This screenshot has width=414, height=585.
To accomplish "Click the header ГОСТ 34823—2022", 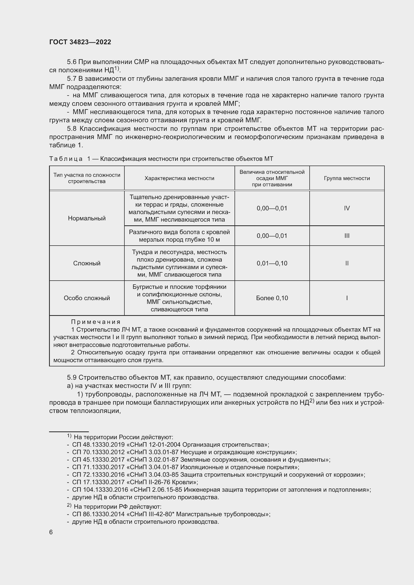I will [80, 42].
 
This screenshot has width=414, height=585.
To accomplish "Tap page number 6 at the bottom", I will [51, 532].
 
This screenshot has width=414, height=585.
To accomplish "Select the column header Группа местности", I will [347, 178].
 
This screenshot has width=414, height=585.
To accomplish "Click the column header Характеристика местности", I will [179, 178].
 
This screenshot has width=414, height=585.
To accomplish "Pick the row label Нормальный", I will [87, 218].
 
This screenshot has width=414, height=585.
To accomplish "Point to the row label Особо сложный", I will [87, 298].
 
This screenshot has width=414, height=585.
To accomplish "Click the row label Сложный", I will [87, 263].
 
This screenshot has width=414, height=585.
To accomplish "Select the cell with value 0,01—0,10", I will [272, 263].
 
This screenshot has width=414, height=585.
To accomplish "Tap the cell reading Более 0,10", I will [272, 298].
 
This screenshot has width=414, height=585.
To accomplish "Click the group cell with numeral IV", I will [347, 208].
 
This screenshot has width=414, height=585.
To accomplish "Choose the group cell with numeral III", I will [347, 236].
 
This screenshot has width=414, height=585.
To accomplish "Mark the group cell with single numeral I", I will [347, 298].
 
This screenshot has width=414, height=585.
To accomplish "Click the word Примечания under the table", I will [96, 322].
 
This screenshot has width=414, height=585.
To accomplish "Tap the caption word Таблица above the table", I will [66, 159].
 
